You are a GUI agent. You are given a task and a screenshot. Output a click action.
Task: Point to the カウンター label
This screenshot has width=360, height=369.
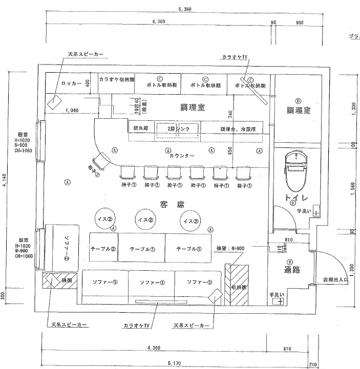[x=181, y=155]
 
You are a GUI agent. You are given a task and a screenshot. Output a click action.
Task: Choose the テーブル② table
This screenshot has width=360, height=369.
[x=103, y=249]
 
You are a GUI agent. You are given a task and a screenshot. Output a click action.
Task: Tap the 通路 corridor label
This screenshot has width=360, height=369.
[x=289, y=269]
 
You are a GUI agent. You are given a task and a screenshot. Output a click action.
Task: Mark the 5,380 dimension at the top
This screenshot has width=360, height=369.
[x=185, y=9]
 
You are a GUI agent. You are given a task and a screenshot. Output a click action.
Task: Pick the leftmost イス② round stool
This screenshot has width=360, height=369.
[x=103, y=219]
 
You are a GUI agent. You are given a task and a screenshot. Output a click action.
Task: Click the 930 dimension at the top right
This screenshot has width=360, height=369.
[x=300, y=22]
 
